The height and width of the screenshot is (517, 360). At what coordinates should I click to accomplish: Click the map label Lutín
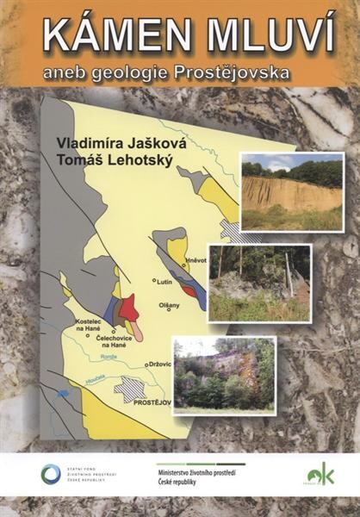click(165, 281)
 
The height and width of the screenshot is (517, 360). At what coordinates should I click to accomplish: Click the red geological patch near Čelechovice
click(128, 308)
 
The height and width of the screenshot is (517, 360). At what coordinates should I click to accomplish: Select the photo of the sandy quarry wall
click(292, 191)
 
